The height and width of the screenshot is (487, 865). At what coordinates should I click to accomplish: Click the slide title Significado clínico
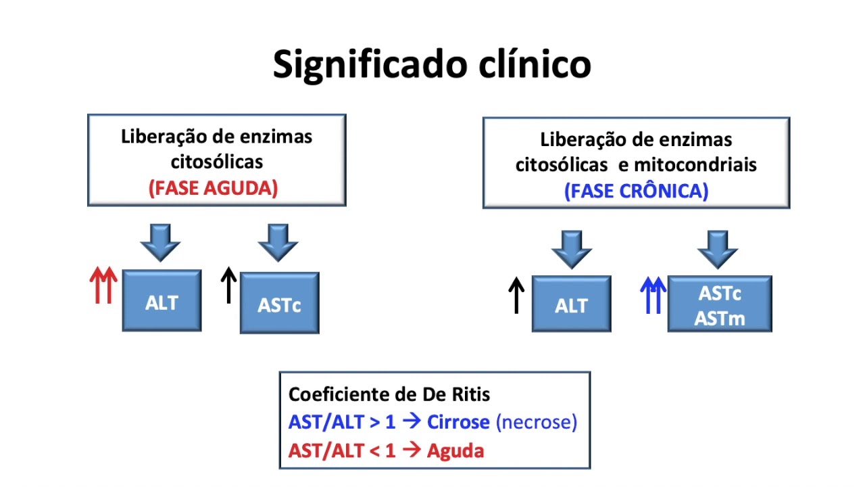tap(432, 64)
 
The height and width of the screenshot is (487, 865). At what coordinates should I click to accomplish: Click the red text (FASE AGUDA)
tap(214, 188)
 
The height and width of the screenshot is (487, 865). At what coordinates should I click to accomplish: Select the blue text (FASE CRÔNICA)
tap(636, 191)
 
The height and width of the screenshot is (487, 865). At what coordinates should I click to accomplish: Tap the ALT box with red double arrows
tap(162, 301)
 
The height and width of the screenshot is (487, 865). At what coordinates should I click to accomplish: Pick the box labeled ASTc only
tap(279, 304)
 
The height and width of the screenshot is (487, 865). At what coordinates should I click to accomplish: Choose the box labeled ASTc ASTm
tap(720, 304)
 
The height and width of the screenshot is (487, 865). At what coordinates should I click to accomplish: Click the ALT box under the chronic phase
tap(571, 304)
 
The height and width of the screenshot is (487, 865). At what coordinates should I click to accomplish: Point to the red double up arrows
tap(103, 285)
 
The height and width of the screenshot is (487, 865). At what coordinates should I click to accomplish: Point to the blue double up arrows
tap(653, 296)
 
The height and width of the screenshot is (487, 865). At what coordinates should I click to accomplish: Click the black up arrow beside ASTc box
tap(228, 285)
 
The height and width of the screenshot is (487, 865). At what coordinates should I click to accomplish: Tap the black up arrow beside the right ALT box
tap(516, 296)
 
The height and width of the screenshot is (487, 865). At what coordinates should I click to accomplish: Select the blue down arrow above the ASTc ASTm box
tap(717, 249)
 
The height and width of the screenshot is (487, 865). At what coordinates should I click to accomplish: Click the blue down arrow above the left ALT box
tap(160, 242)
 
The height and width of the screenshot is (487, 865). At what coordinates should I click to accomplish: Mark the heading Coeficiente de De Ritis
tap(389, 394)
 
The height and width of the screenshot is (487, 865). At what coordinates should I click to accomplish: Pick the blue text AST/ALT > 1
tap(342, 422)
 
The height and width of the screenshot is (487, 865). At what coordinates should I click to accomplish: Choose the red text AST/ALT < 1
tap(342, 450)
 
